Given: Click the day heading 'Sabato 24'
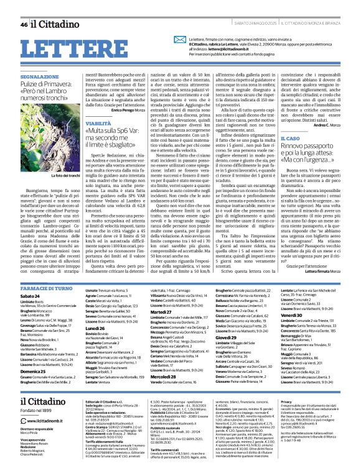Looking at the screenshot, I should coord(31,280).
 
